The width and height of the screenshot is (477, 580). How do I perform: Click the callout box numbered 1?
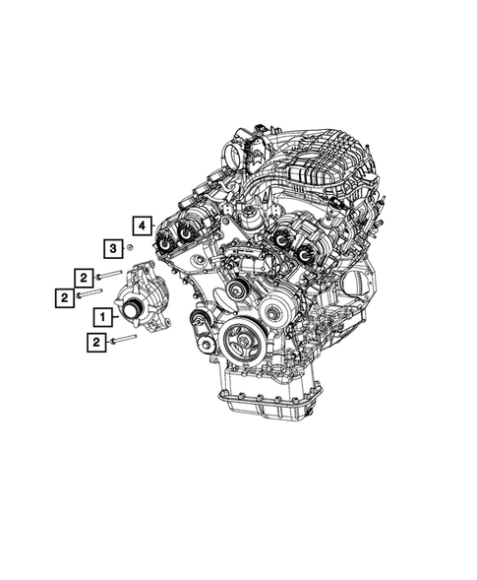pyautogui.click(x=102, y=317)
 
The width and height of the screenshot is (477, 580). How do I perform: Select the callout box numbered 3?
pyautogui.click(x=114, y=247)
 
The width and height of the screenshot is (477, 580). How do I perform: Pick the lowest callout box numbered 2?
pyautogui.click(x=96, y=342)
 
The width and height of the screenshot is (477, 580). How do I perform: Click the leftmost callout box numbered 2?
pyautogui.click(x=62, y=293)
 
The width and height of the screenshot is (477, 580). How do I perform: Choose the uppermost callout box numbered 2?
pyautogui.click(x=87, y=277)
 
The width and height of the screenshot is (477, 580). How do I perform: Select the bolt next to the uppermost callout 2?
pyautogui.click(x=110, y=275)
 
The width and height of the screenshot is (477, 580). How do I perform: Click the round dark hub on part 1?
pyautogui.click(x=130, y=313)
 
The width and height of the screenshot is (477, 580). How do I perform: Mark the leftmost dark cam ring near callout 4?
pyautogui.click(x=162, y=236)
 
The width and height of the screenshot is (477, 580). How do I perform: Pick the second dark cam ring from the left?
pyautogui.click(x=185, y=234)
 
